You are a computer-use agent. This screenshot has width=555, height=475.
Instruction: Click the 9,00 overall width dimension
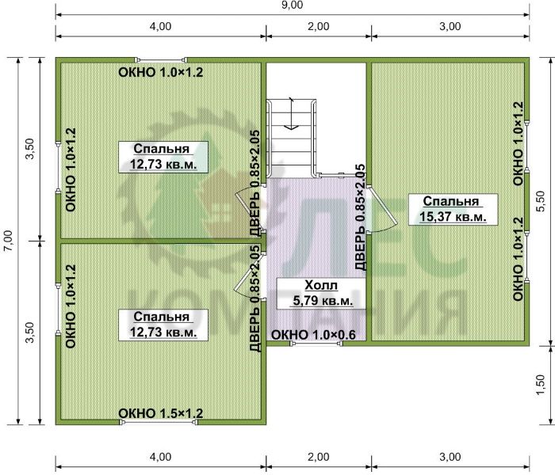point(292,6)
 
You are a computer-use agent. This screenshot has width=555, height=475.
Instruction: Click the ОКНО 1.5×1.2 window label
point(161,412)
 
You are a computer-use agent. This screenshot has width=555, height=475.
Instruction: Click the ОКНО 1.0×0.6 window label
point(313,334)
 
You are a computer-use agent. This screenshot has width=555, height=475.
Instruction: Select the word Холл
point(321,285)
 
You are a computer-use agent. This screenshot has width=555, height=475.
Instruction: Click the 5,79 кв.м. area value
point(323,301)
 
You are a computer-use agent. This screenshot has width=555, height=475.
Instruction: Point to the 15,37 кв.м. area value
point(453,216)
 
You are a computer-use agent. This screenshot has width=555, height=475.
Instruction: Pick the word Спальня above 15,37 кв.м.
point(451,201)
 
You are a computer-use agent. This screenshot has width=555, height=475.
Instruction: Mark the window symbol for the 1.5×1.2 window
point(159,422)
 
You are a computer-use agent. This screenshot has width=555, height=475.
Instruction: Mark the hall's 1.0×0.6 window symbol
point(316,343)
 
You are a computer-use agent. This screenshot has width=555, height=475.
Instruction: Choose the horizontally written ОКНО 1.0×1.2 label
point(161,72)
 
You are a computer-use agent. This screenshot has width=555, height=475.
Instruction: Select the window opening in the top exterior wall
point(162,59)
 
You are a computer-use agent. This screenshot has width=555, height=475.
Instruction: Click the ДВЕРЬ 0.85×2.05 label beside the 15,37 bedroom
point(360,217)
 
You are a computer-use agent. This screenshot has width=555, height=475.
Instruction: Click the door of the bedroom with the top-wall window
point(250,209)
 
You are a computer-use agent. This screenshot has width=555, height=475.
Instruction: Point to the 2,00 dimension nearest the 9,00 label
point(318,26)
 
